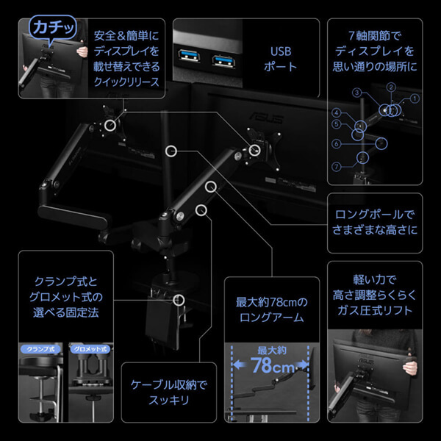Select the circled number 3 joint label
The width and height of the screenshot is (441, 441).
pyautogui.click(x=356, y=93)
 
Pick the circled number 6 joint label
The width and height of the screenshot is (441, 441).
pyautogui.click(x=335, y=144)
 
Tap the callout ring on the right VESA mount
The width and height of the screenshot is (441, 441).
pyautogui.click(x=255, y=149)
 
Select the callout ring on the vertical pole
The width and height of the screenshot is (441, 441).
pyautogui.click(x=171, y=151)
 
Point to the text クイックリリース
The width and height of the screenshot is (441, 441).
pyautogui.click(x=127, y=82)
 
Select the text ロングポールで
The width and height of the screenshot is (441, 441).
pyautogui.click(x=374, y=215)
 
